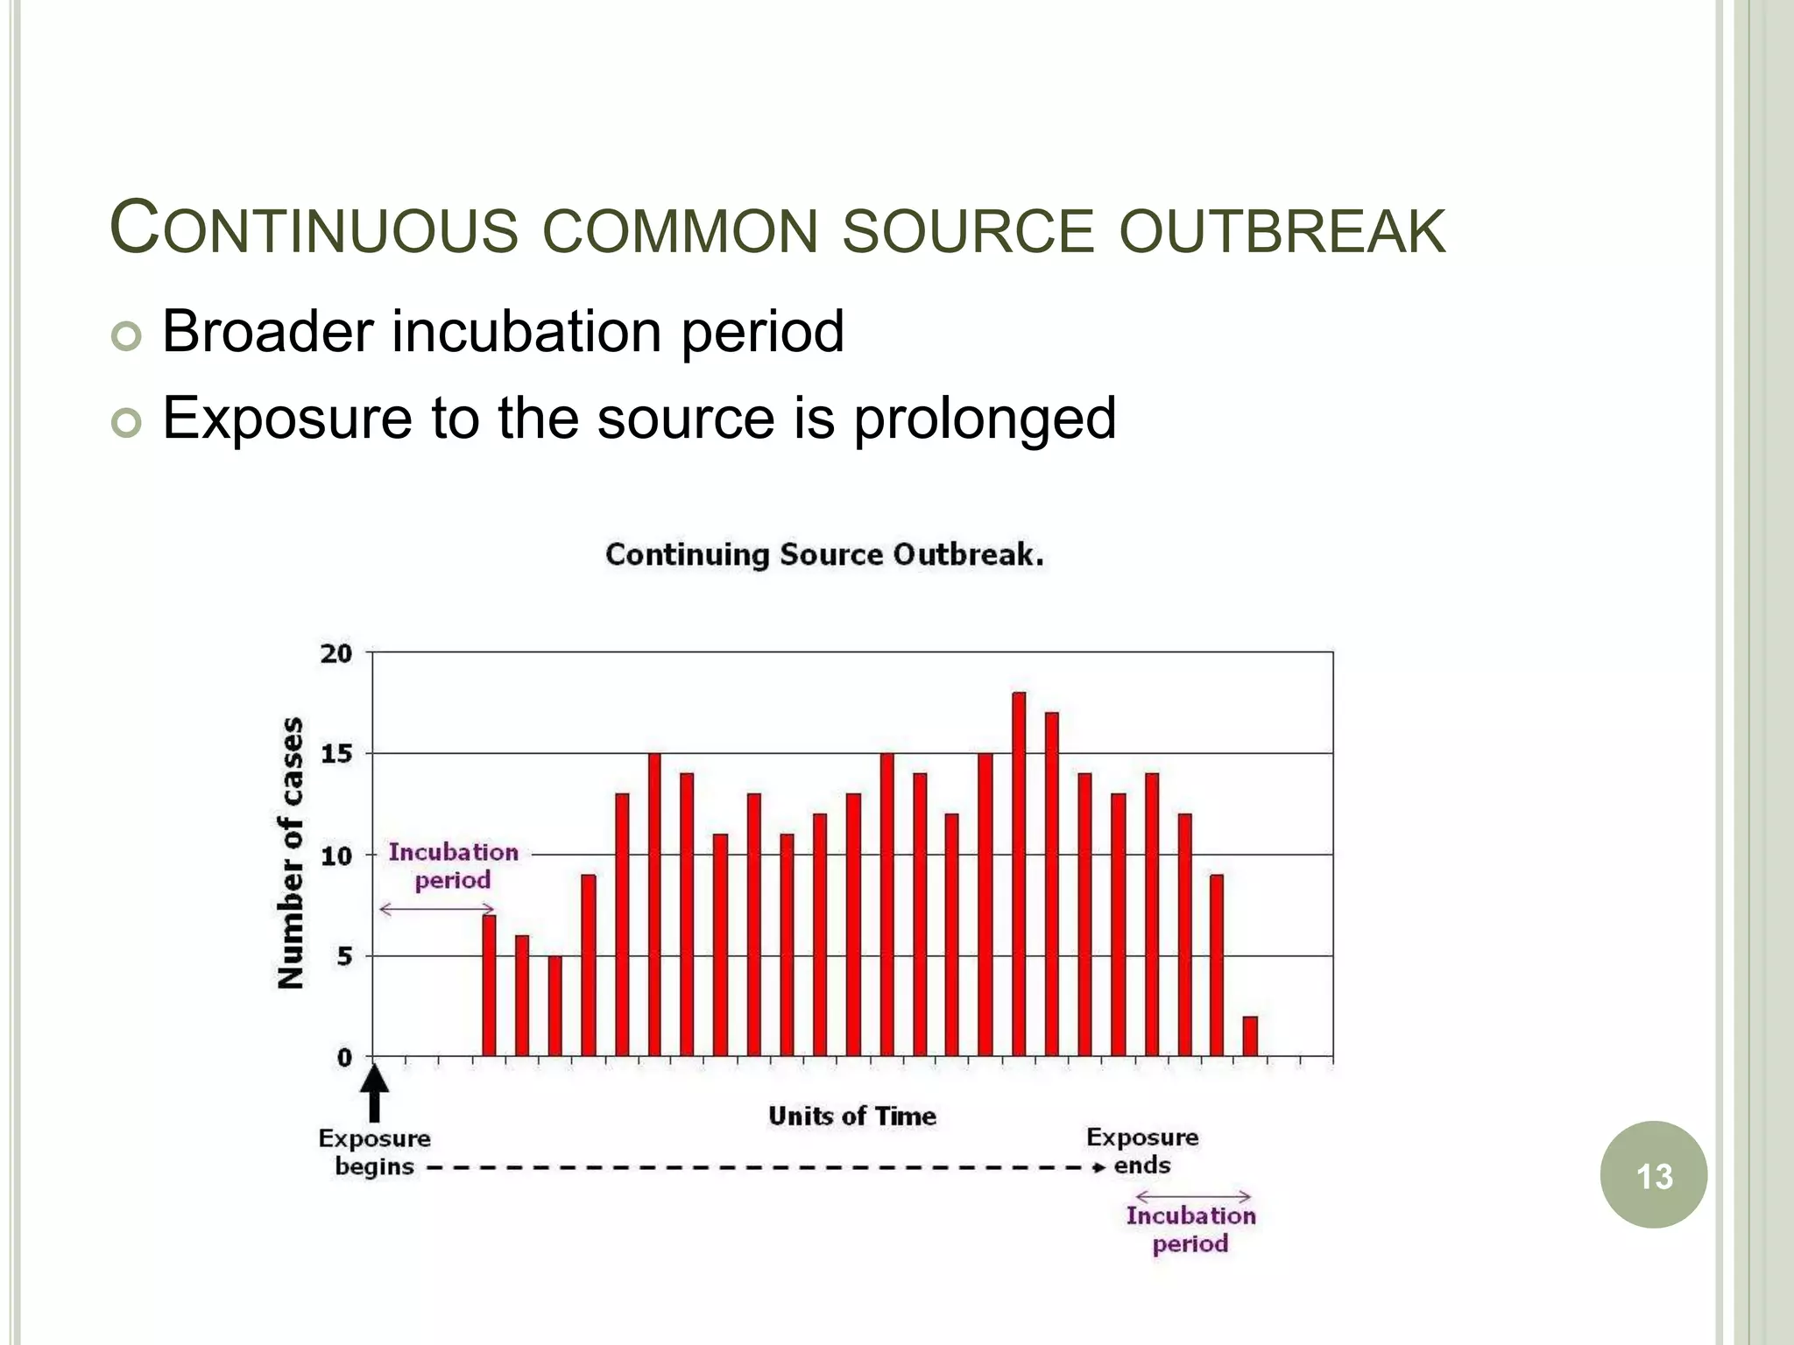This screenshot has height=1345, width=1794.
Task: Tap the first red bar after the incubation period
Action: pos(489,985)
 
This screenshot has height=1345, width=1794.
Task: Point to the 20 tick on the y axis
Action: pos(336,653)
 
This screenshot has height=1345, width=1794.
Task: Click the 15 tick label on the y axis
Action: pos(336,754)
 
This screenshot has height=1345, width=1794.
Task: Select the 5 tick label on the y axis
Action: pos(344,956)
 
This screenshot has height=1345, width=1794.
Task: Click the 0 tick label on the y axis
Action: pos(344,1058)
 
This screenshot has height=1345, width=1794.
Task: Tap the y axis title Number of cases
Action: pos(292,853)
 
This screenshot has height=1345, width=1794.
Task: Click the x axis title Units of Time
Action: pos(851,1116)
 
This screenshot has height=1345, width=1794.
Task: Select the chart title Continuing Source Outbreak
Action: pos(824,555)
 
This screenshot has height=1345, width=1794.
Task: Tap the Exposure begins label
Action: pos(374,1152)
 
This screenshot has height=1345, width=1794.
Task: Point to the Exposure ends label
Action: pos(1141,1151)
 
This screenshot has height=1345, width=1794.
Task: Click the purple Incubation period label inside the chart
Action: pos(453,865)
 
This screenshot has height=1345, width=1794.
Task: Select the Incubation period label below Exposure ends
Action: pos(1190,1229)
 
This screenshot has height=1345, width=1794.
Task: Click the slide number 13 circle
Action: pos(1653,1175)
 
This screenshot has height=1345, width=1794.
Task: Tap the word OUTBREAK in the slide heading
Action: pos(1282,231)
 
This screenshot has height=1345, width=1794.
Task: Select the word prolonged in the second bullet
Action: pos(985,419)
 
